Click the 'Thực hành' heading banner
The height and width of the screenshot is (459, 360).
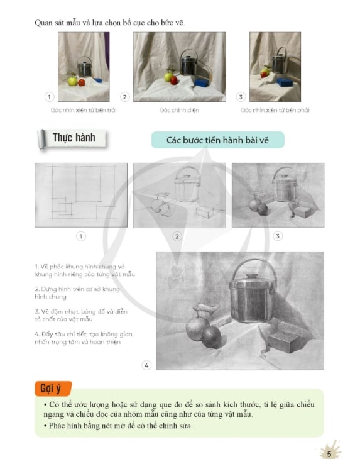point(72,138)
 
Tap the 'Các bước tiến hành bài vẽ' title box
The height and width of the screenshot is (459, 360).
point(217,140)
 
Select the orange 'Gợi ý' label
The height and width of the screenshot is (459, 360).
point(53,388)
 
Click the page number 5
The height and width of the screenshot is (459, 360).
point(329,454)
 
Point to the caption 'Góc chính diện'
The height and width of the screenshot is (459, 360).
point(179,110)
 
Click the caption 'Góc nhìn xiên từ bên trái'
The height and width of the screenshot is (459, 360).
point(84,110)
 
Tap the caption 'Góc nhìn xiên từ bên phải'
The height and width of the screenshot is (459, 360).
point(275,110)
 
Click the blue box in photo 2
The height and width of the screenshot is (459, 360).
point(202,82)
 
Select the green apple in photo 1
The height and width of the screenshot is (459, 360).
point(72,80)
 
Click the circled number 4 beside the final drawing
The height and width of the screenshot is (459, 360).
point(146,365)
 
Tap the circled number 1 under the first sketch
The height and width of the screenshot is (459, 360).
point(81,236)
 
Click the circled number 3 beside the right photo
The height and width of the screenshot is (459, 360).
point(241,97)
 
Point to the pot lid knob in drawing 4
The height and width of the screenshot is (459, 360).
point(252,275)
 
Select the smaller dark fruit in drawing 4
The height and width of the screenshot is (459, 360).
point(212,337)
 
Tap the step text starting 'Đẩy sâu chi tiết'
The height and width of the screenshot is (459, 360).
point(84,338)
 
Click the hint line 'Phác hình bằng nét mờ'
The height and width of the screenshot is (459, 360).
point(118,425)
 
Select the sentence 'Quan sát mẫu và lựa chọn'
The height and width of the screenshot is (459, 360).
point(110,23)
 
